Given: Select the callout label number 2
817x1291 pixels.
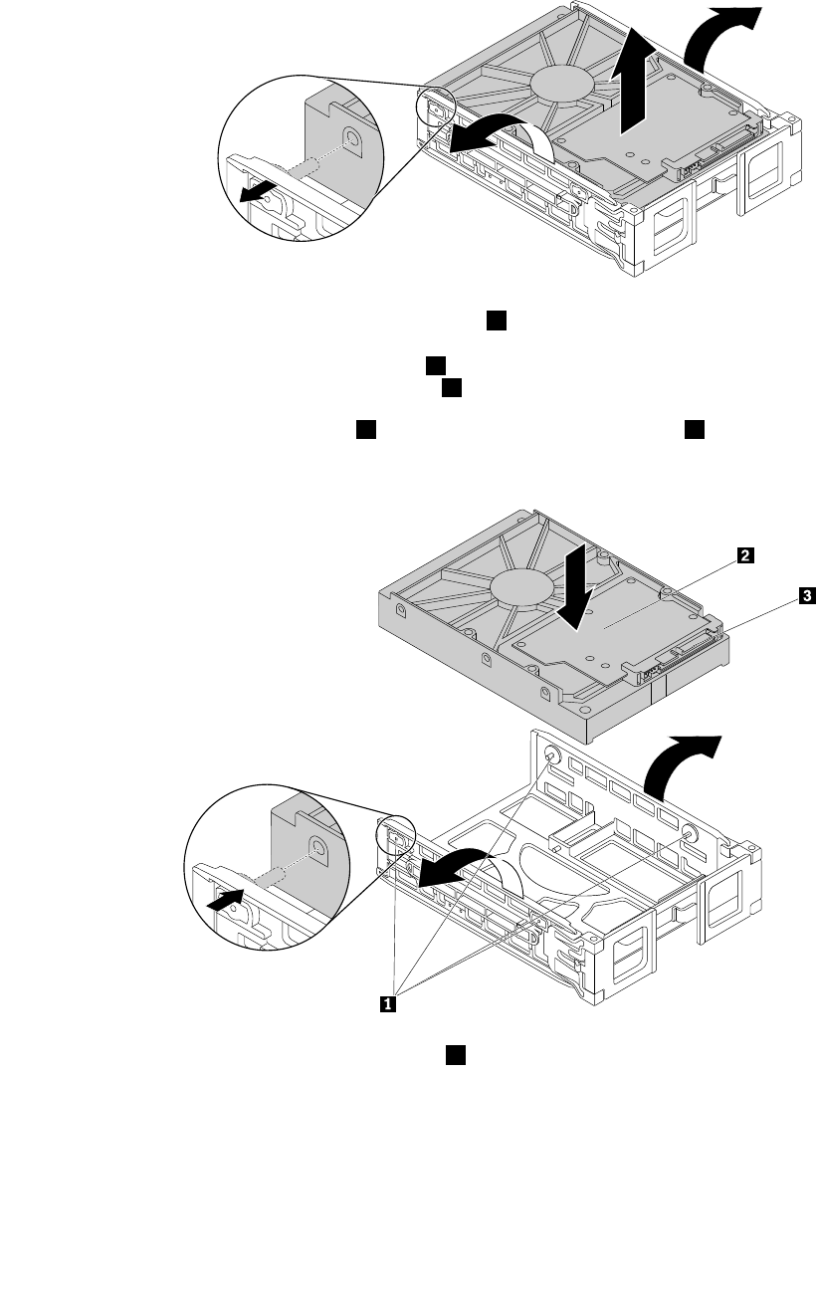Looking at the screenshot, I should pyautogui.click(x=743, y=558).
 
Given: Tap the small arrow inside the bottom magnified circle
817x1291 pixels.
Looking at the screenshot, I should pyautogui.click(x=227, y=901).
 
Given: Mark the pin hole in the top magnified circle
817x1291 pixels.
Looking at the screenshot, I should pyautogui.click(x=351, y=139).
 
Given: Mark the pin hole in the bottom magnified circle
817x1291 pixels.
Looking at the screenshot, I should pyautogui.click(x=317, y=849).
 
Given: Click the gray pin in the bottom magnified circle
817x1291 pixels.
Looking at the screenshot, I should pyautogui.click(x=271, y=878).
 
